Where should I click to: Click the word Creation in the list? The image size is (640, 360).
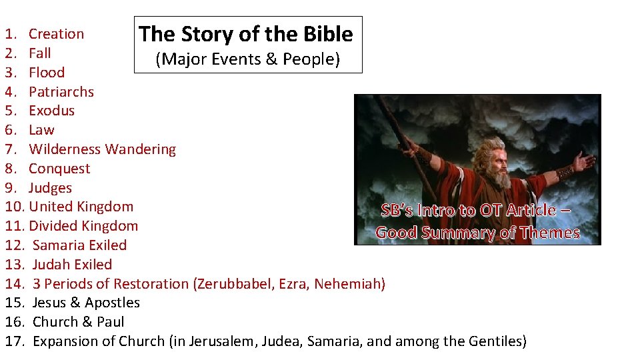pyautogui.click(x=56, y=34)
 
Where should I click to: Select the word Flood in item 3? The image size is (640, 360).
pyautogui.click(x=47, y=73)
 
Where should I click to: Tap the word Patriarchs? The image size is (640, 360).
pyautogui.click(x=61, y=92)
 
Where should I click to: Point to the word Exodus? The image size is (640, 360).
pyautogui.click(x=51, y=111)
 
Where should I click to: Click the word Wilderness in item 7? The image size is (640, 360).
pyautogui.click(x=65, y=149)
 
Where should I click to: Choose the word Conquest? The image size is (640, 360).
pyautogui.click(x=59, y=169)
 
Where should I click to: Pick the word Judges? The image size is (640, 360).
pyautogui.click(x=50, y=188)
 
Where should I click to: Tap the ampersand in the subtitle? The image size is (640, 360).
pyautogui.click(x=271, y=59)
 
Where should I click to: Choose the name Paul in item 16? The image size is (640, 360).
pyautogui.click(x=110, y=322)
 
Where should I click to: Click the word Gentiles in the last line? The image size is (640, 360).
pyautogui.click(x=494, y=341)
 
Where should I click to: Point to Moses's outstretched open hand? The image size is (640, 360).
pyautogui.click(x=585, y=161)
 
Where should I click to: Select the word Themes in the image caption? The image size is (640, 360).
pyautogui.click(x=551, y=233)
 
